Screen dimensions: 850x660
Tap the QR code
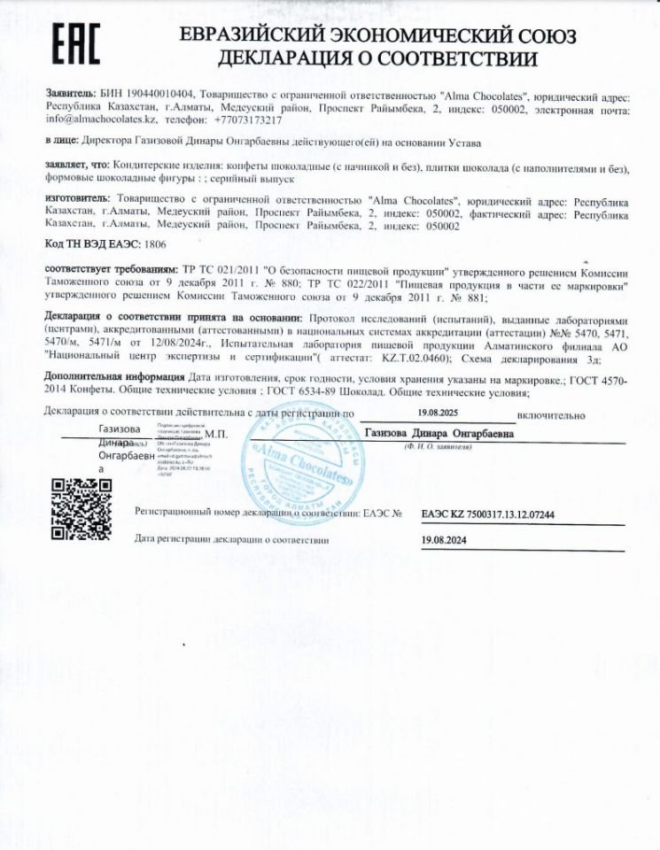click(x=81, y=508)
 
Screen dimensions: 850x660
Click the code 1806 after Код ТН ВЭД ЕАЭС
click(x=154, y=243)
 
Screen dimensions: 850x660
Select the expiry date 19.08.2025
click(x=438, y=413)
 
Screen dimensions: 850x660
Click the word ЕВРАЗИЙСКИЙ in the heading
click(x=253, y=36)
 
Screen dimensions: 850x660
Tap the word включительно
click(x=552, y=413)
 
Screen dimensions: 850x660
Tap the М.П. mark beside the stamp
click(x=216, y=434)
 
